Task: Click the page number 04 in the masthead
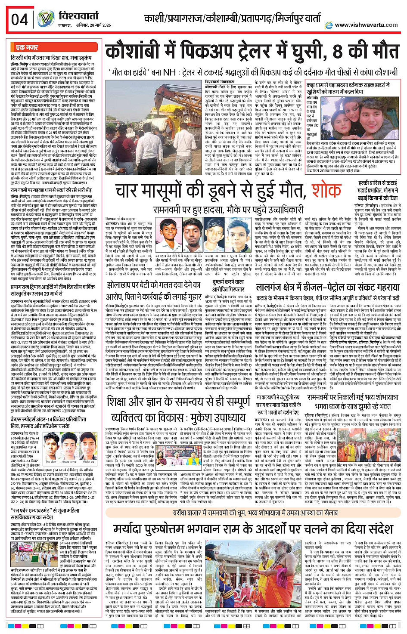tap(20, 19)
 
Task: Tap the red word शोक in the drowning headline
tap(326, 190)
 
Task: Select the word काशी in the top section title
tap(155, 19)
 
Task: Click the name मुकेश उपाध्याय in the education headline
tap(215, 418)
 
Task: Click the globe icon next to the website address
tap(329, 25)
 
